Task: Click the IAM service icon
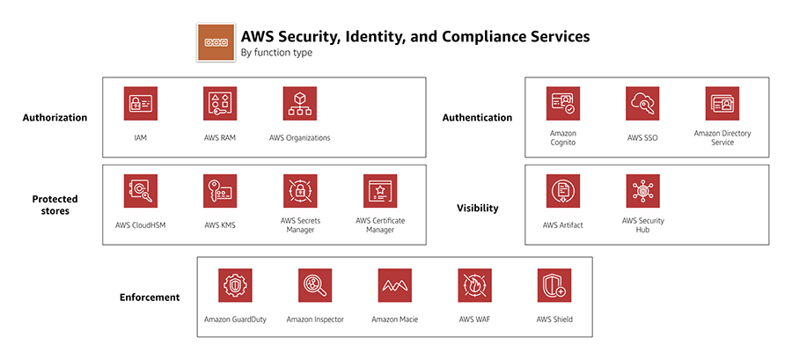pyautogui.click(x=140, y=103)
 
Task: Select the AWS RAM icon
pyautogui.click(x=219, y=103)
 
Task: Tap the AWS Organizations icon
pyautogui.click(x=299, y=103)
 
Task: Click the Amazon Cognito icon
pyautogui.click(x=562, y=103)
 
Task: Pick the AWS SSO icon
pyautogui.click(x=642, y=103)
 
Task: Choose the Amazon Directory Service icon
pyautogui.click(x=722, y=103)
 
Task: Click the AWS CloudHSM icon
pyautogui.click(x=140, y=190)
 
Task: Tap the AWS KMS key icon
pyautogui.click(x=219, y=190)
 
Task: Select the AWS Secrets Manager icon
pyautogui.click(x=299, y=190)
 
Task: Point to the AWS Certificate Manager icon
pyautogui.click(x=379, y=190)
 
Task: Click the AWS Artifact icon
pyautogui.click(x=562, y=190)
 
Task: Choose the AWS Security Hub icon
pyautogui.click(x=642, y=190)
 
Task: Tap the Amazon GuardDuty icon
pyautogui.click(x=235, y=285)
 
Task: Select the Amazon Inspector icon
pyautogui.click(x=315, y=285)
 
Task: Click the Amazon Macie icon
pyautogui.click(x=395, y=285)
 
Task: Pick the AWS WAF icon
pyautogui.click(x=474, y=285)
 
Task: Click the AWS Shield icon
pyautogui.click(x=554, y=285)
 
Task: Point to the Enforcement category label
pyautogui.click(x=150, y=298)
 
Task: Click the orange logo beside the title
pyautogui.click(x=216, y=42)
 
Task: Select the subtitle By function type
pyautogui.click(x=276, y=54)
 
